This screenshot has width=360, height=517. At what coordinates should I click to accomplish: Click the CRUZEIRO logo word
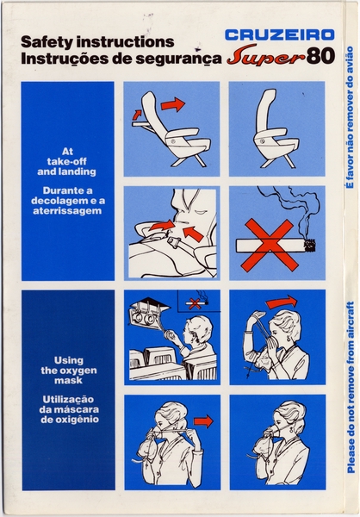(x=275, y=35)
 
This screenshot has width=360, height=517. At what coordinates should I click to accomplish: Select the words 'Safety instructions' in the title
(x=96, y=41)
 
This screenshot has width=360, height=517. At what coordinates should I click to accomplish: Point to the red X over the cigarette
(x=269, y=244)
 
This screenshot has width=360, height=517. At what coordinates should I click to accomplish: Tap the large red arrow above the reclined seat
(x=172, y=104)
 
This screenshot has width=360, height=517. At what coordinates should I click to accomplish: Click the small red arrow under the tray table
(x=138, y=113)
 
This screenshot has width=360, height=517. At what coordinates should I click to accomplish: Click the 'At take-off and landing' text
(x=67, y=161)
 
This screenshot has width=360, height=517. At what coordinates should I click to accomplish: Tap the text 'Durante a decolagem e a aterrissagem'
(x=67, y=199)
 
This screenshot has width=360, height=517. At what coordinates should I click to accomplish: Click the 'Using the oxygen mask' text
(x=67, y=370)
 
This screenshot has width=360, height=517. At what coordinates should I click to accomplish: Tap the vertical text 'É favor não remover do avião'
(x=350, y=138)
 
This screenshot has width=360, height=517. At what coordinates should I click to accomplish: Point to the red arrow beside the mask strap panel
(x=204, y=421)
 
